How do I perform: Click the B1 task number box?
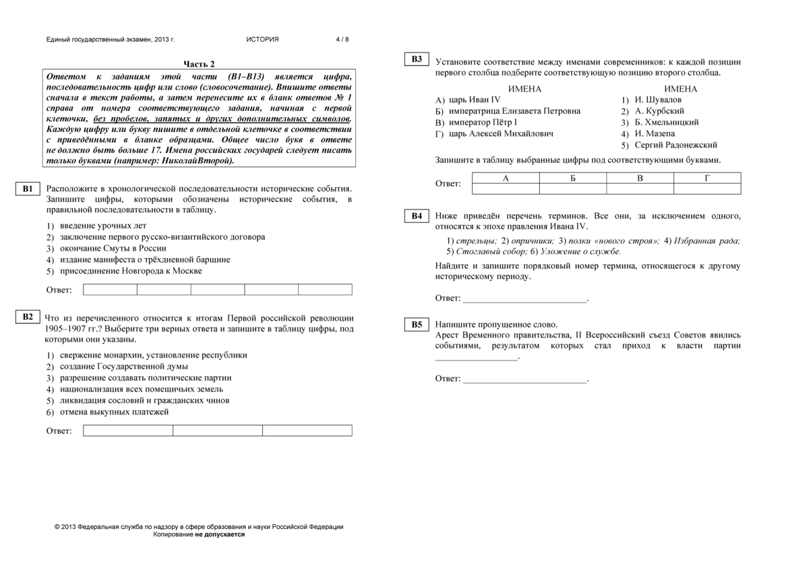[x=28, y=189]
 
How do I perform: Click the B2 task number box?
[x=28, y=317]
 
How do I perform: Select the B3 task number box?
[x=417, y=59]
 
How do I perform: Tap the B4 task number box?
[x=417, y=216]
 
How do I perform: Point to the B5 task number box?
[x=417, y=325]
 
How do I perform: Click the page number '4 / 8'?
[x=342, y=40]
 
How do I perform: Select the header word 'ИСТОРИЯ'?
[x=262, y=40]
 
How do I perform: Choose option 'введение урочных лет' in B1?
[x=102, y=226]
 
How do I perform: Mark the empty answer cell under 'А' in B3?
[x=506, y=189]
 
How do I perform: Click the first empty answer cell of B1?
[x=110, y=290]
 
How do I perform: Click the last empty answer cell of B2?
[x=307, y=431]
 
